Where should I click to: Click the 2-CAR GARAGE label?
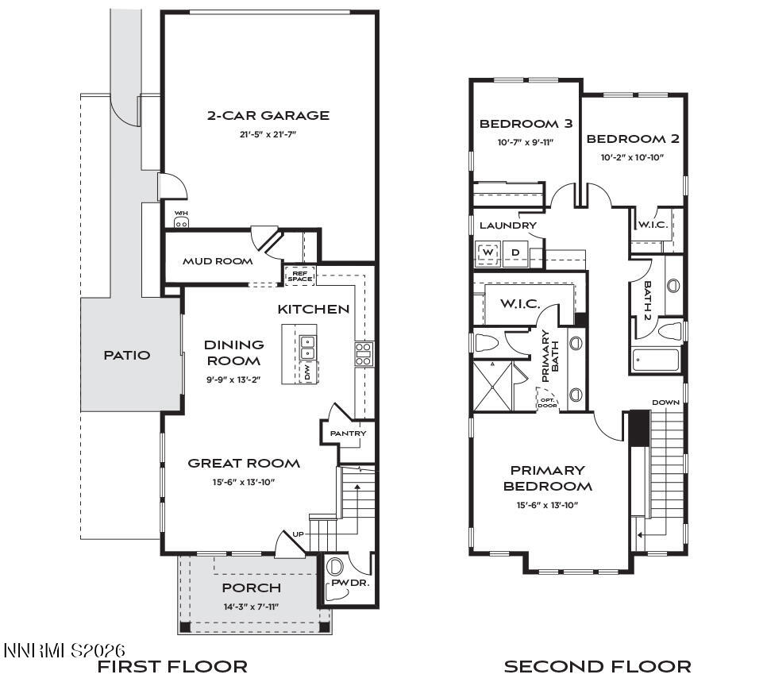[268, 116]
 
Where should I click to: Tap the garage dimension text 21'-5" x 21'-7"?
[268, 135]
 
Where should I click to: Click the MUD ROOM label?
[218, 261]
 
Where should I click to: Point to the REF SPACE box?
[299, 275]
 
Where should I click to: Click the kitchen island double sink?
[307, 347]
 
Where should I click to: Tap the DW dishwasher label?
[307, 372]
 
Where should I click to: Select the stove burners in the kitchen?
[364, 353]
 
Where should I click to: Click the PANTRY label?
[349, 433]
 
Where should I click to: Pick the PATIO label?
[127, 355]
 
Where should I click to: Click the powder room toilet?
[335, 567]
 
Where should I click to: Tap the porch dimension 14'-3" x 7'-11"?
[251, 607]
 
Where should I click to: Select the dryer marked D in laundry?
[515, 253]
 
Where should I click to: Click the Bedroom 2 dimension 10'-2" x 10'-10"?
[632, 157]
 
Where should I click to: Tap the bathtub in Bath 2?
[656, 360]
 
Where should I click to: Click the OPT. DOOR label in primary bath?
[548, 403]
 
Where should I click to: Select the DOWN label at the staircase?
[665, 403]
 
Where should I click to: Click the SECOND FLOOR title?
[597, 666]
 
